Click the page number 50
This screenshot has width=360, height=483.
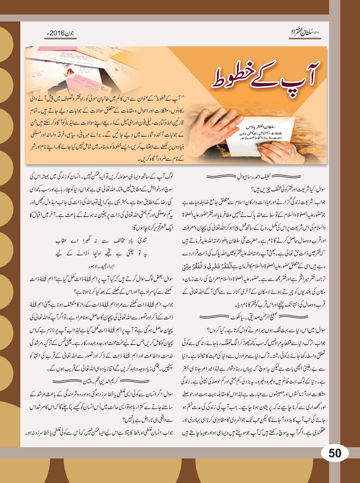click(x=335, y=453)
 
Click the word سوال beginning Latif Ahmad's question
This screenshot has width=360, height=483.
click(x=319, y=189)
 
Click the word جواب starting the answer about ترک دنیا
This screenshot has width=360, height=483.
click(x=319, y=343)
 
